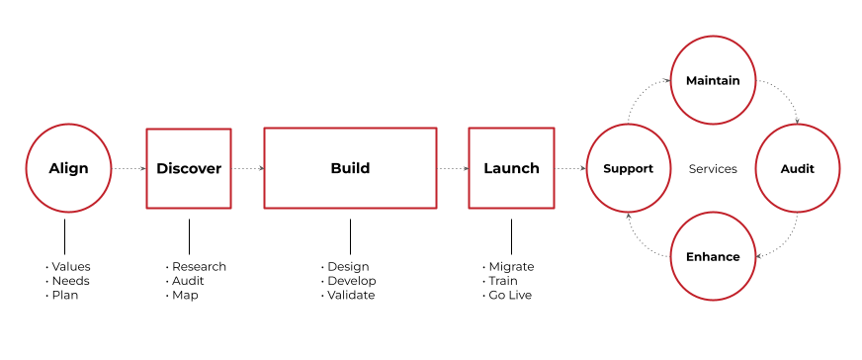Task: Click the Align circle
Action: pyautogui.click(x=68, y=168)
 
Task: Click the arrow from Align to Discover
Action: pyautogui.click(x=129, y=169)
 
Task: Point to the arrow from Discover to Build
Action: pyautogui.click(x=247, y=169)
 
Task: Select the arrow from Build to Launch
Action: pyautogui.click(x=453, y=169)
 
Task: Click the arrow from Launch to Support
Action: pyautogui.click(x=570, y=169)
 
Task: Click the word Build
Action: pyautogui.click(x=350, y=169)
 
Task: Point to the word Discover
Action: pyautogui.click(x=189, y=169)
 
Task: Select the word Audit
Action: pyautogui.click(x=797, y=169)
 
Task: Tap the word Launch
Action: pyautogui.click(x=511, y=169)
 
